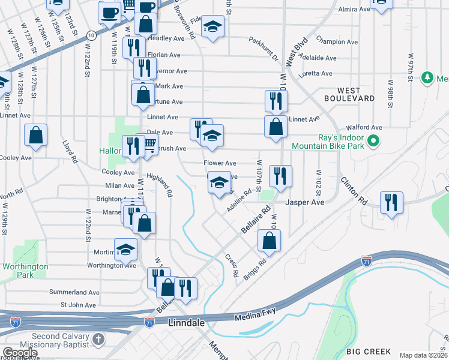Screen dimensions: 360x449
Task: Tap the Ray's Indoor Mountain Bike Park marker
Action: (373, 142)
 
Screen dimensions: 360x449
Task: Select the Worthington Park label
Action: (25, 270)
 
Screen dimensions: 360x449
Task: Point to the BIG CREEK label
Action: (369, 352)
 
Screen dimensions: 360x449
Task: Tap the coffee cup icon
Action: (110, 12)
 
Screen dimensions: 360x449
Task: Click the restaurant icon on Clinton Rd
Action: (391, 202)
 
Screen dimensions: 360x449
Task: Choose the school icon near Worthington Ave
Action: (126, 249)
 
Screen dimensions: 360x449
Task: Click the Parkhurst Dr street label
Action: (265, 50)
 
